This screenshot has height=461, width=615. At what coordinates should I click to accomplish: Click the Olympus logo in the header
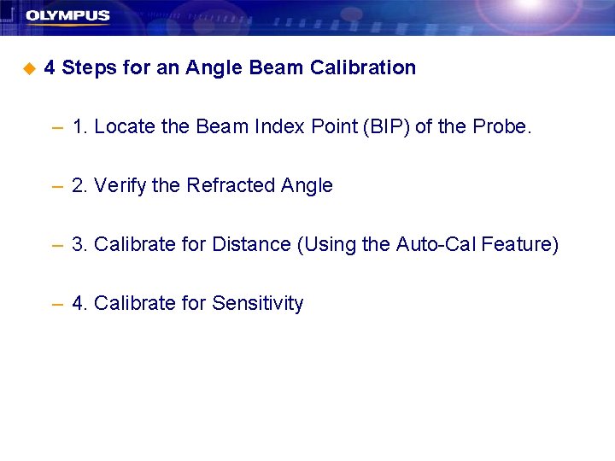tap(67, 16)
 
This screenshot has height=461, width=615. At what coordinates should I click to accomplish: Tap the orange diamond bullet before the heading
tap(29, 67)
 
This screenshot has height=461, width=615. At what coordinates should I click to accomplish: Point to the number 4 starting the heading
tap(50, 67)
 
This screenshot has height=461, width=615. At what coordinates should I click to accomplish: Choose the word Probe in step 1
tap(501, 127)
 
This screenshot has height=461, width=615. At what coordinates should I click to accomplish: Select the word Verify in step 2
tap(120, 186)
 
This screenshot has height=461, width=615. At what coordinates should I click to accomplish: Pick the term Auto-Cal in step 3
tap(436, 245)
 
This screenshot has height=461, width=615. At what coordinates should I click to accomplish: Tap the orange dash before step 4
tap(57, 305)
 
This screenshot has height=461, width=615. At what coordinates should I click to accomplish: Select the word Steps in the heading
tap(90, 68)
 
